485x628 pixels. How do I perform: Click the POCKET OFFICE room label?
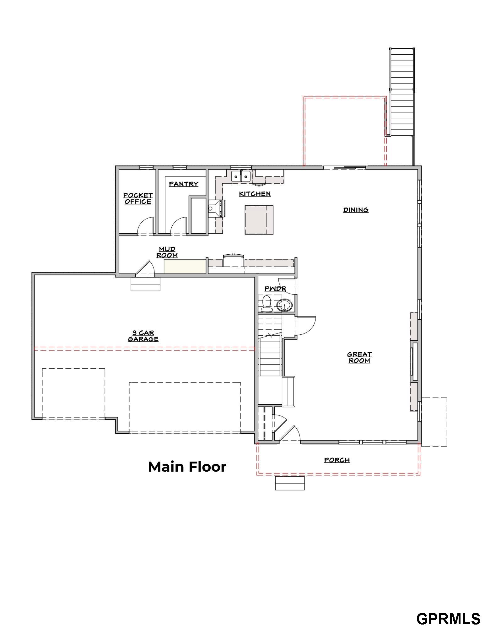(x=138, y=198)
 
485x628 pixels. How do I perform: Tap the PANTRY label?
(x=184, y=184)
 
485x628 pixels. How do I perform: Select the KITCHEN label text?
(x=255, y=194)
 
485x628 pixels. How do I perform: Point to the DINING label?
(x=356, y=210)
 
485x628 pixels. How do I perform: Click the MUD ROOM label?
(x=167, y=252)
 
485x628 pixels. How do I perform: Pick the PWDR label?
(x=275, y=289)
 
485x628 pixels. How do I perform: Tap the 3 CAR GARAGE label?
(x=143, y=336)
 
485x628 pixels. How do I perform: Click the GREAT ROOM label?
(x=359, y=357)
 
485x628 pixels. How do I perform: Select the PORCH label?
(x=337, y=460)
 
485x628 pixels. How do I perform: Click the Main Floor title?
(x=187, y=467)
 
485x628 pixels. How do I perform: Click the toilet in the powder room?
(x=267, y=303)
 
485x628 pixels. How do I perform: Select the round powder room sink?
(x=285, y=305)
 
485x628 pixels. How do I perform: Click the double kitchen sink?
(x=241, y=176)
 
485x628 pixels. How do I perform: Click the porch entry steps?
(x=290, y=483)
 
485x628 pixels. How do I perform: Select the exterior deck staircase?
(x=402, y=92)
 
